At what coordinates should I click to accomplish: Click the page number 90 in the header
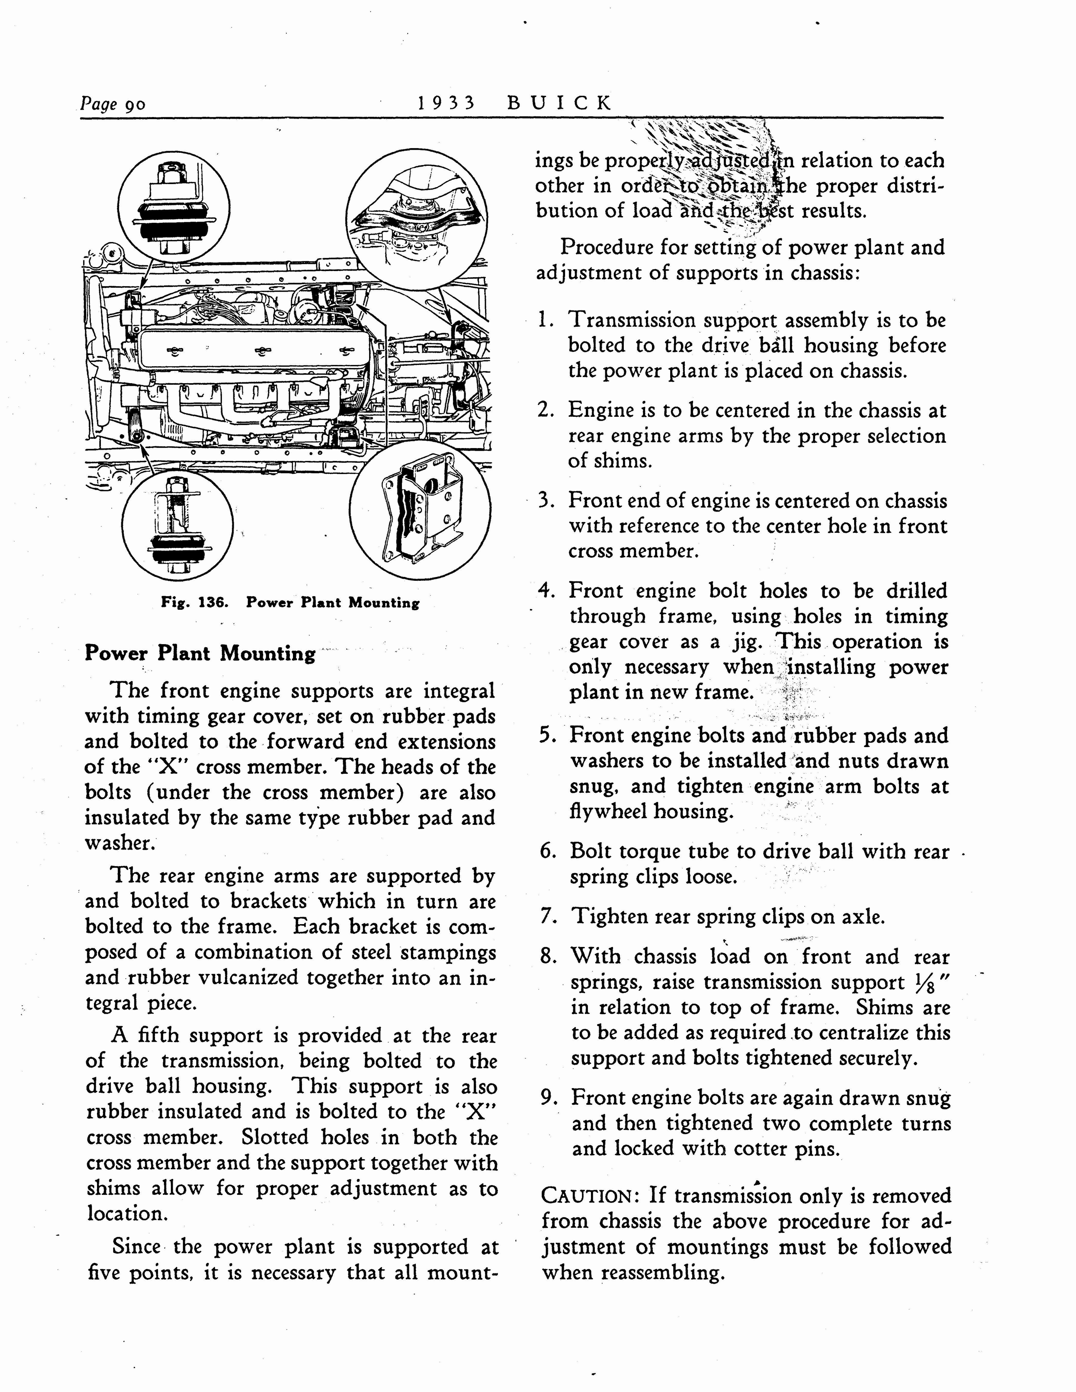tap(135, 104)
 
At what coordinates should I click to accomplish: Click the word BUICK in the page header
tap(559, 102)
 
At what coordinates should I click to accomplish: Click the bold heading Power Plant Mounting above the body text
tap(200, 653)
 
